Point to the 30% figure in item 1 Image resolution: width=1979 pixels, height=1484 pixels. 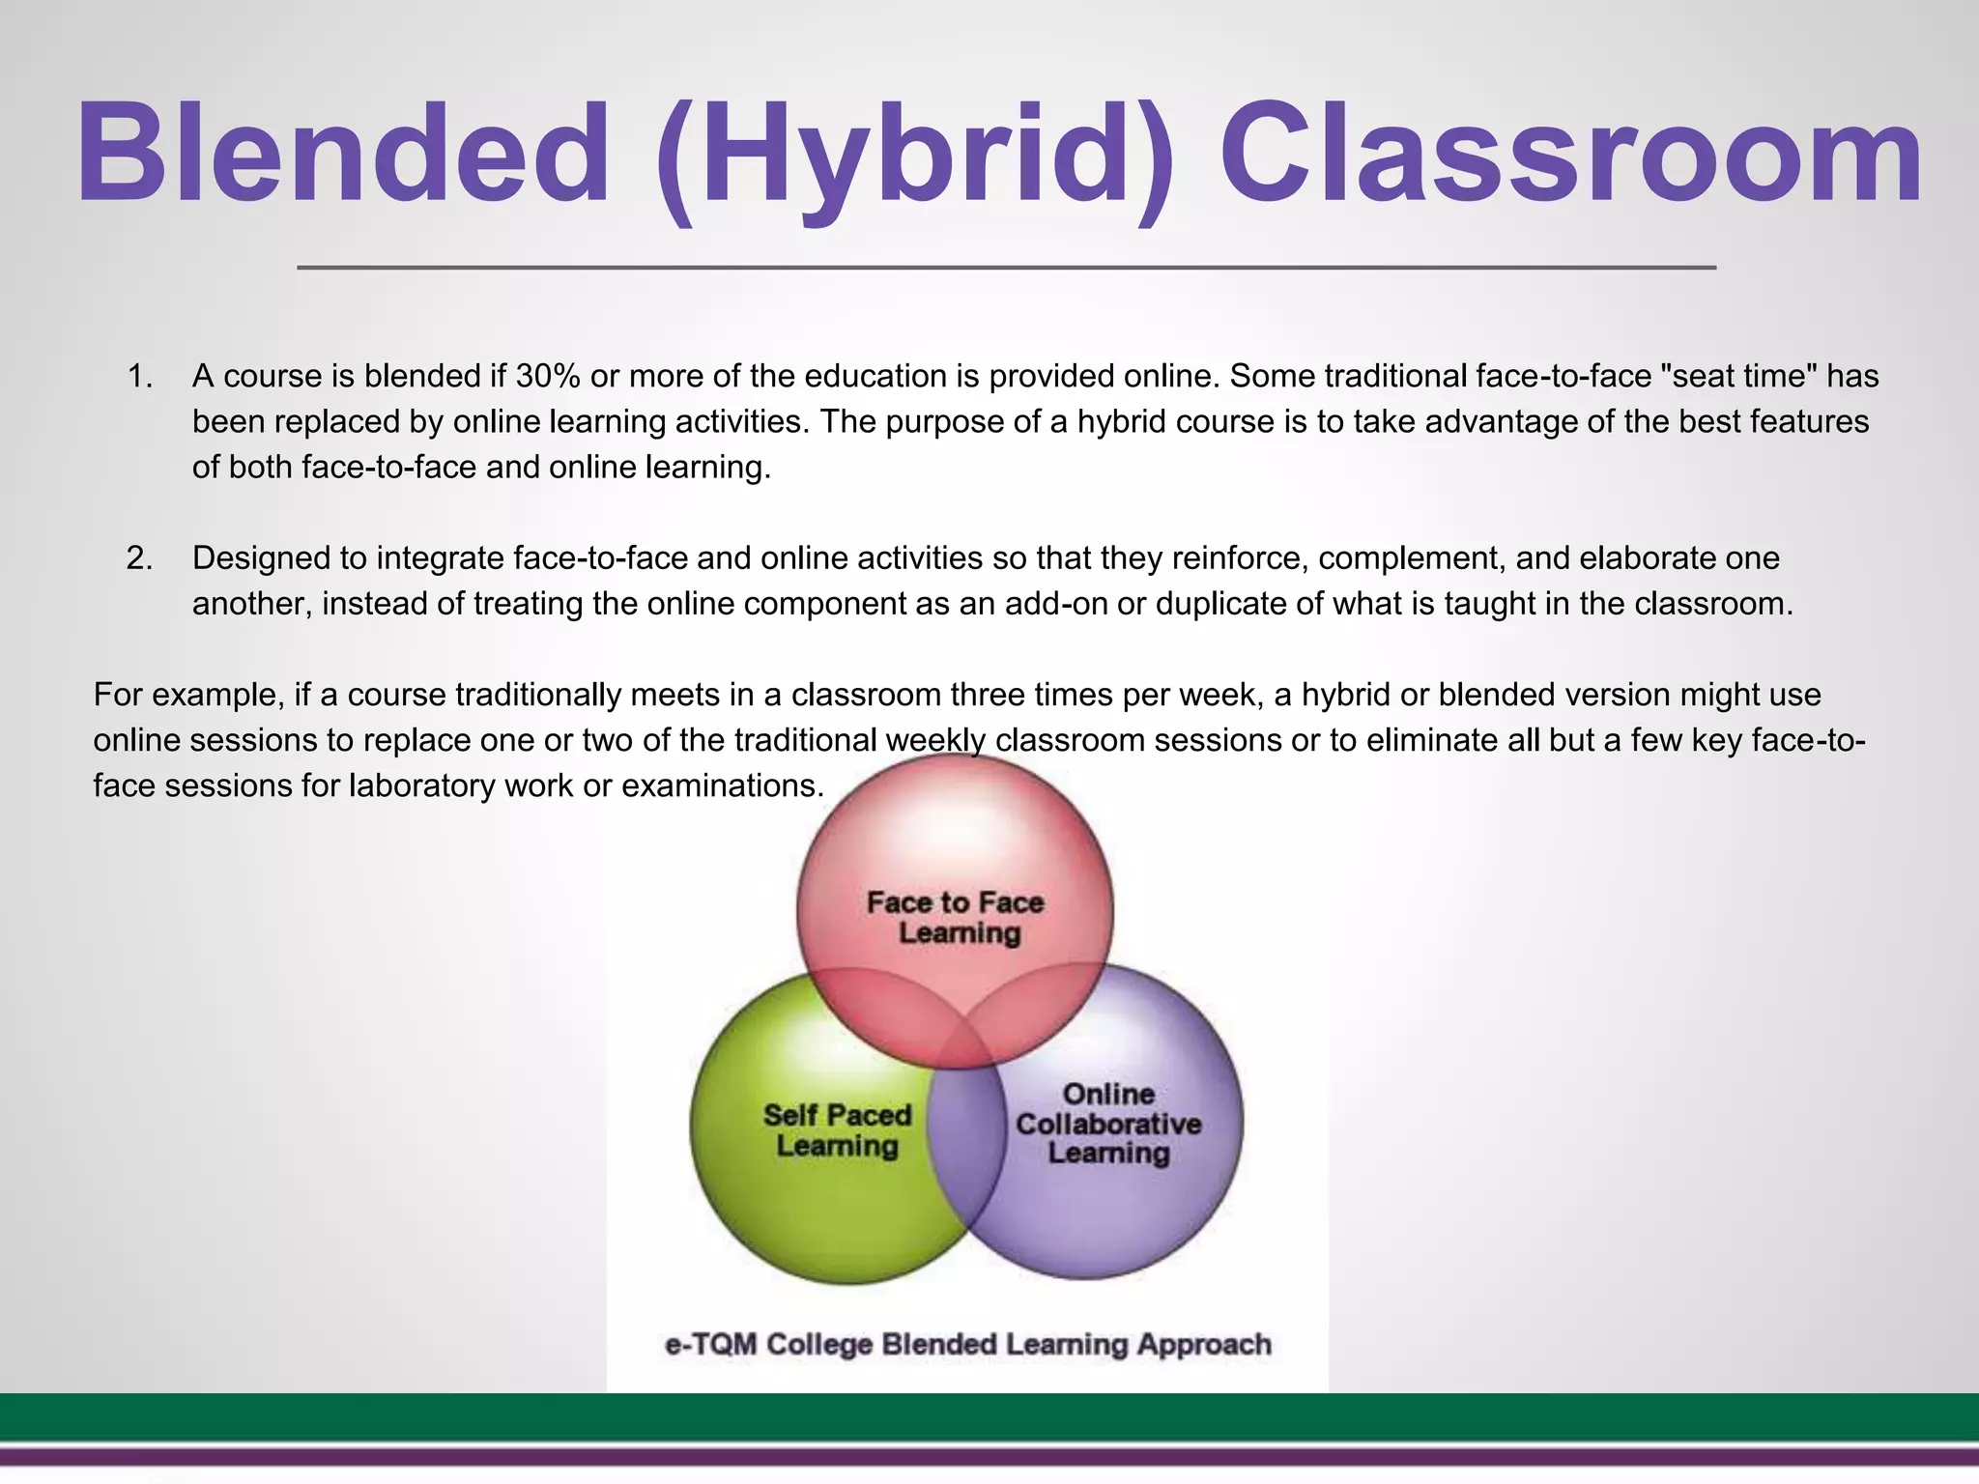click(x=548, y=376)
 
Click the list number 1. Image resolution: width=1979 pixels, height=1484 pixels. click(x=140, y=376)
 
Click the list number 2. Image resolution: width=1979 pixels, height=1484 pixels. click(x=140, y=558)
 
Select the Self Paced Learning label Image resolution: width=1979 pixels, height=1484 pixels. click(x=837, y=1130)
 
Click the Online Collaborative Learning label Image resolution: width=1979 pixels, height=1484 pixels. click(x=1108, y=1124)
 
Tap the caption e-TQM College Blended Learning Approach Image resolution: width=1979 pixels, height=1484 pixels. click(x=968, y=1345)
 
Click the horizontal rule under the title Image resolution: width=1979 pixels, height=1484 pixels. click(x=1005, y=268)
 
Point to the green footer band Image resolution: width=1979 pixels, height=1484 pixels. click(x=989, y=1417)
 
